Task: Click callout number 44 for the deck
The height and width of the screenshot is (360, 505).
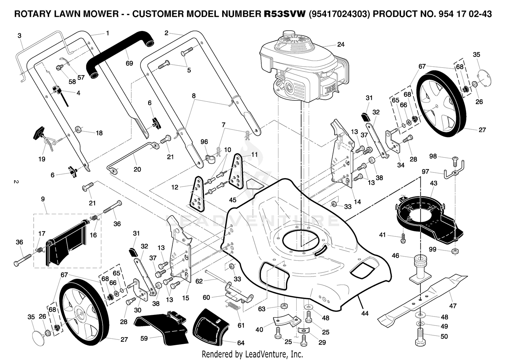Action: click(365, 313)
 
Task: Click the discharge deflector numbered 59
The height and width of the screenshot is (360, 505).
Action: click(162, 326)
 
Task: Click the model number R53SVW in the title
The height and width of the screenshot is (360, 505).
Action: click(285, 14)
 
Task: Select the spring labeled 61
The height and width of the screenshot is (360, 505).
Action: click(232, 306)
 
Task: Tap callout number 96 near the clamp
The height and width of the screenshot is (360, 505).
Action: click(204, 142)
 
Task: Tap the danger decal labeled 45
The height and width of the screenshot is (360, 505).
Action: click(255, 184)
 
